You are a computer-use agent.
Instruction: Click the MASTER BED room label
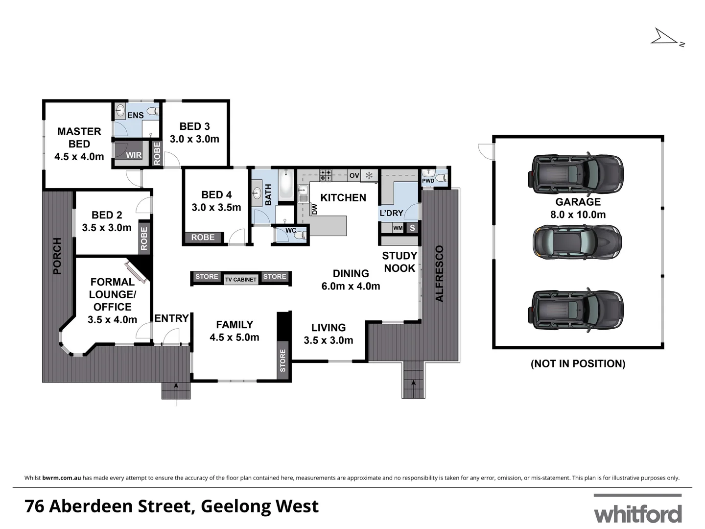pos(79,138)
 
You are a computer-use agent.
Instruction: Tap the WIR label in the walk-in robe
pos(134,155)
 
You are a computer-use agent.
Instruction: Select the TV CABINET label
pos(240,279)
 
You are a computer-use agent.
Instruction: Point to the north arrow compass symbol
pos(666,38)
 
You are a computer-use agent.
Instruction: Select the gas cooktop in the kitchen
pos(326,174)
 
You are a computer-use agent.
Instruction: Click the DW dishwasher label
pos(315,209)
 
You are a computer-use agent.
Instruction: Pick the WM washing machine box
pos(398,228)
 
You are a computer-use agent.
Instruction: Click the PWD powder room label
pos(428,181)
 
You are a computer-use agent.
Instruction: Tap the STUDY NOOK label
pos(399,262)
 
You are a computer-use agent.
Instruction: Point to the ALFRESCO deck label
pos(439,273)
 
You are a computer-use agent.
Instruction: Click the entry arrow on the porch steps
pos(176,392)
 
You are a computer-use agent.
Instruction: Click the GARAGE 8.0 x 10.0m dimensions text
pos(578,215)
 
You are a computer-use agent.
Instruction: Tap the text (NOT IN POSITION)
pos(578,363)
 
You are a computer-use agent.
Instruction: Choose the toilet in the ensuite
pos(154,111)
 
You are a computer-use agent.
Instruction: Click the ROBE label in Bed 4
pos(203,237)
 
